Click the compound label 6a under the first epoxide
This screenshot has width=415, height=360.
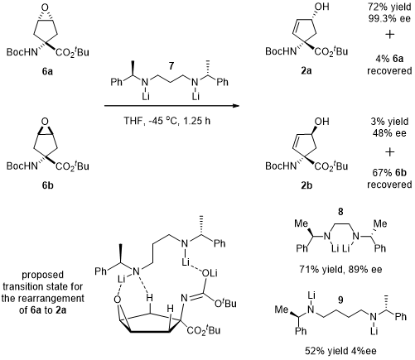[x=47, y=71]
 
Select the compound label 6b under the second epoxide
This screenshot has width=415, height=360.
[x=47, y=185]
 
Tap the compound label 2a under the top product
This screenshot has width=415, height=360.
[x=306, y=71]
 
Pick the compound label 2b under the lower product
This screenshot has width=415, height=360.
[x=306, y=185]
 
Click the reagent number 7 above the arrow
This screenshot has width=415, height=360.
[x=171, y=66]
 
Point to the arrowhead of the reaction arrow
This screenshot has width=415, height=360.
[x=235, y=106]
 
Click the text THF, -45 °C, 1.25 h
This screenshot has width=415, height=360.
[x=166, y=121]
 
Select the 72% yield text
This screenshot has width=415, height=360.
[x=389, y=7]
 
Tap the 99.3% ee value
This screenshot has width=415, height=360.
[x=389, y=19]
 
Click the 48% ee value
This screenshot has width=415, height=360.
[x=389, y=133]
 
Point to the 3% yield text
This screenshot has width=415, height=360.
[x=389, y=122]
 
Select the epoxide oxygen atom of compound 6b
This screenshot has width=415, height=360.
[x=46, y=122]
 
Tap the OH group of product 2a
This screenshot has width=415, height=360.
[x=322, y=7]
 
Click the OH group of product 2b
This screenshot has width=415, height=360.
[x=322, y=121]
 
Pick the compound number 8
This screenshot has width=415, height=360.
[x=340, y=212]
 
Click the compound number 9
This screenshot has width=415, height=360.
[x=340, y=300]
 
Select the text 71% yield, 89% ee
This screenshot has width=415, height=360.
[x=340, y=269]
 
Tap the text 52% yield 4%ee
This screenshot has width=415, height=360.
[x=340, y=351]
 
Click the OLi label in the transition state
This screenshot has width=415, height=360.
[x=210, y=273]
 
